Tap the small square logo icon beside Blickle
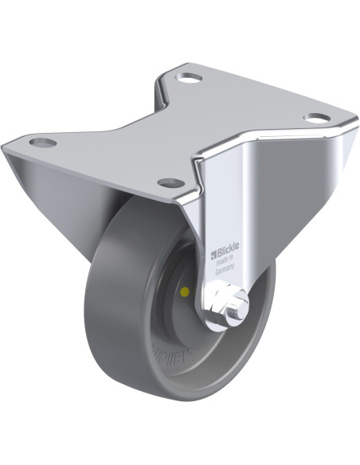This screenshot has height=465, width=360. (213, 256)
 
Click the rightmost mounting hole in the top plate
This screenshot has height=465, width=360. (316, 119)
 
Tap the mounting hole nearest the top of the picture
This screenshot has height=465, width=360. (191, 79)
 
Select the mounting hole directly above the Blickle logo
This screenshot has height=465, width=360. (170, 182)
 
